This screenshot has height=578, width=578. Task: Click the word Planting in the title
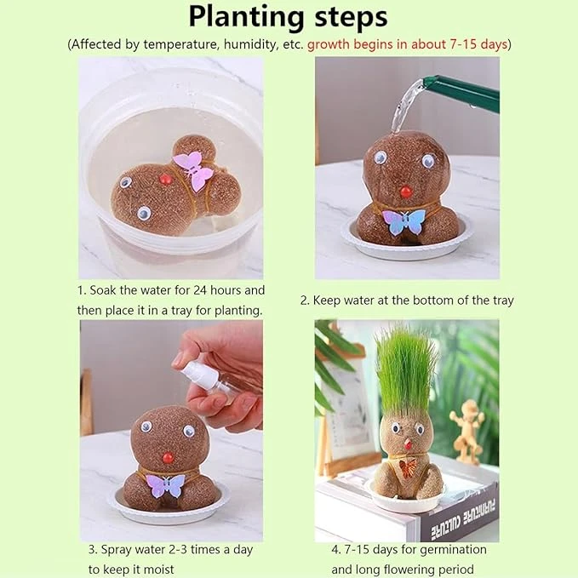pyautogui.click(x=247, y=18)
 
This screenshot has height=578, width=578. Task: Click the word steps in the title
pyautogui.click(x=351, y=18)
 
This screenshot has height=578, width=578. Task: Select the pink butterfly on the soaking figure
pyautogui.click(x=193, y=169)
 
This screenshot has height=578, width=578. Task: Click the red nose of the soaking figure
pyautogui.click(x=165, y=179)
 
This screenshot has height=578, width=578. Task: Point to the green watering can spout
pyautogui.click(x=460, y=94)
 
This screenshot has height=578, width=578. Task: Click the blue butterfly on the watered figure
pyautogui.click(x=403, y=221)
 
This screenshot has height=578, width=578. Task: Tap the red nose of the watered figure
pyautogui.click(x=406, y=192)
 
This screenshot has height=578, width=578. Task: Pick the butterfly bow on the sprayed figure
pyautogui.click(x=165, y=485)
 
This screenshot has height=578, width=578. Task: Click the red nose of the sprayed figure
pyautogui.click(x=168, y=458)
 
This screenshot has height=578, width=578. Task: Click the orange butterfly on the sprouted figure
pyautogui.click(x=408, y=468)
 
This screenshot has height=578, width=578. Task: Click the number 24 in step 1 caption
pyautogui.click(x=200, y=290)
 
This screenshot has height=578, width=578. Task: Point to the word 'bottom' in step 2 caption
pyautogui.click(x=432, y=300)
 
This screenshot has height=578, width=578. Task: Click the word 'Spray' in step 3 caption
pyautogui.click(x=116, y=550)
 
